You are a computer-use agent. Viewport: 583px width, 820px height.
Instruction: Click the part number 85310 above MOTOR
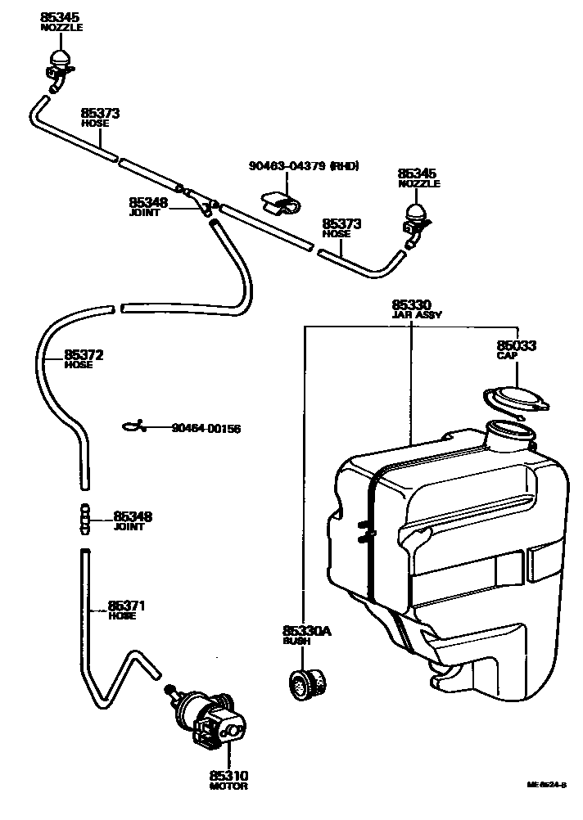(x=228, y=775)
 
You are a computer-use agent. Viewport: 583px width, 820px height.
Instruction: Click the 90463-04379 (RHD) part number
(x=304, y=167)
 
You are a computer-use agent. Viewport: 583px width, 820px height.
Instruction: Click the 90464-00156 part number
(x=206, y=429)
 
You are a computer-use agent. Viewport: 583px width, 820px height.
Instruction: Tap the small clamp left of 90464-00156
(x=133, y=425)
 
